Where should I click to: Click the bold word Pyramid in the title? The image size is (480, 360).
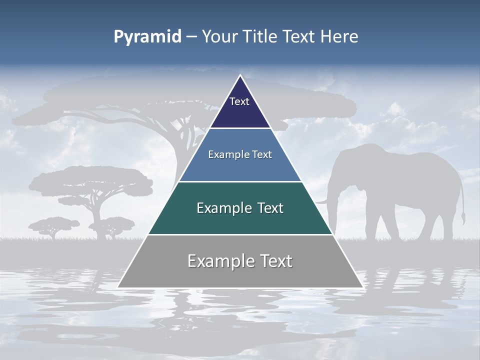point(147,37)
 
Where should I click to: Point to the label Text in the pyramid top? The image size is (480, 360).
point(239,101)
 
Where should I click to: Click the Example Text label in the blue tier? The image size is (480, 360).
point(240,154)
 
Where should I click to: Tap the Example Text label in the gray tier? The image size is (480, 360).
point(240,261)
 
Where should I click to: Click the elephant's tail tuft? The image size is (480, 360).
point(463,218)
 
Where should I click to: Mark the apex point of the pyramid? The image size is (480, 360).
point(240,75)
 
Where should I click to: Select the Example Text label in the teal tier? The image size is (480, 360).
point(240,208)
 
